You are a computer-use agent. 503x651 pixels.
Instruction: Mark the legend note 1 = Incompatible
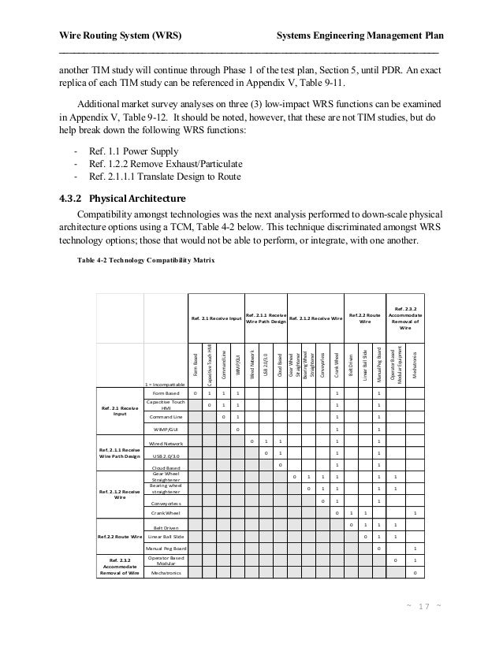coord(165,383)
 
